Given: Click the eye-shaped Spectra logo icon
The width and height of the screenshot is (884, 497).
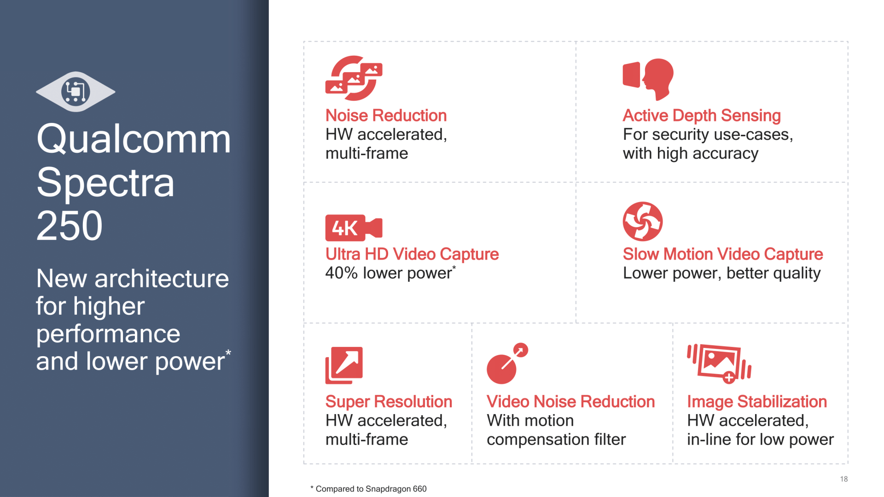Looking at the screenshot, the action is (76, 92).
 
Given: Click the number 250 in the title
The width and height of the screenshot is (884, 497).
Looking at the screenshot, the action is (70, 225).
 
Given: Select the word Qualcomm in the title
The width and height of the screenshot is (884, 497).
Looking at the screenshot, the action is (134, 139).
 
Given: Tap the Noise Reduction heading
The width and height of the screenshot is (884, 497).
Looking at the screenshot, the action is (386, 116).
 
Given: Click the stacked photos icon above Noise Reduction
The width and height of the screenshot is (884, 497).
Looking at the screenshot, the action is (354, 78).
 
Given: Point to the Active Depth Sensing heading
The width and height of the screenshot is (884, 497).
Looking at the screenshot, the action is (702, 116).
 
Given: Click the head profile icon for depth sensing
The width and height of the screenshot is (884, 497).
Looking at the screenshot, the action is (648, 79).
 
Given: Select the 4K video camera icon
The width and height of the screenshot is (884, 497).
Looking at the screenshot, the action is (354, 228).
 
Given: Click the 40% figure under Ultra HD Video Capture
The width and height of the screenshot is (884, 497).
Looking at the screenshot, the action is (341, 273).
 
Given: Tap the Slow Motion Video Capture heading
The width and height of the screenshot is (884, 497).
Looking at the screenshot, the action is (723, 254).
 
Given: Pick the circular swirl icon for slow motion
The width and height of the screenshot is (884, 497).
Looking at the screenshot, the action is (643, 221).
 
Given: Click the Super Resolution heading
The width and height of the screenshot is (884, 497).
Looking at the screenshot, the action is (389, 402).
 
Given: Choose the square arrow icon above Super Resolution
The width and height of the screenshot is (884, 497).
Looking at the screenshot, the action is (344, 365).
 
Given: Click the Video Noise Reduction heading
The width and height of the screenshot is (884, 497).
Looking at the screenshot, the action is (570, 402).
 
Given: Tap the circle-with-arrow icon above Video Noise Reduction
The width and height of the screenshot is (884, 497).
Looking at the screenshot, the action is (507, 364).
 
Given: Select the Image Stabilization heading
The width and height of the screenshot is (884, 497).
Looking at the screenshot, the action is (757, 402).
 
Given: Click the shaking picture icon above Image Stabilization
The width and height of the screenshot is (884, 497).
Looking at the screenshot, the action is (719, 364).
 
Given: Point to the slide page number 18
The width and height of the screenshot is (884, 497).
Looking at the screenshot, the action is (844, 479).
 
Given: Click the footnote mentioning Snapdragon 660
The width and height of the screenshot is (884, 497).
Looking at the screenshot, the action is (368, 489).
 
